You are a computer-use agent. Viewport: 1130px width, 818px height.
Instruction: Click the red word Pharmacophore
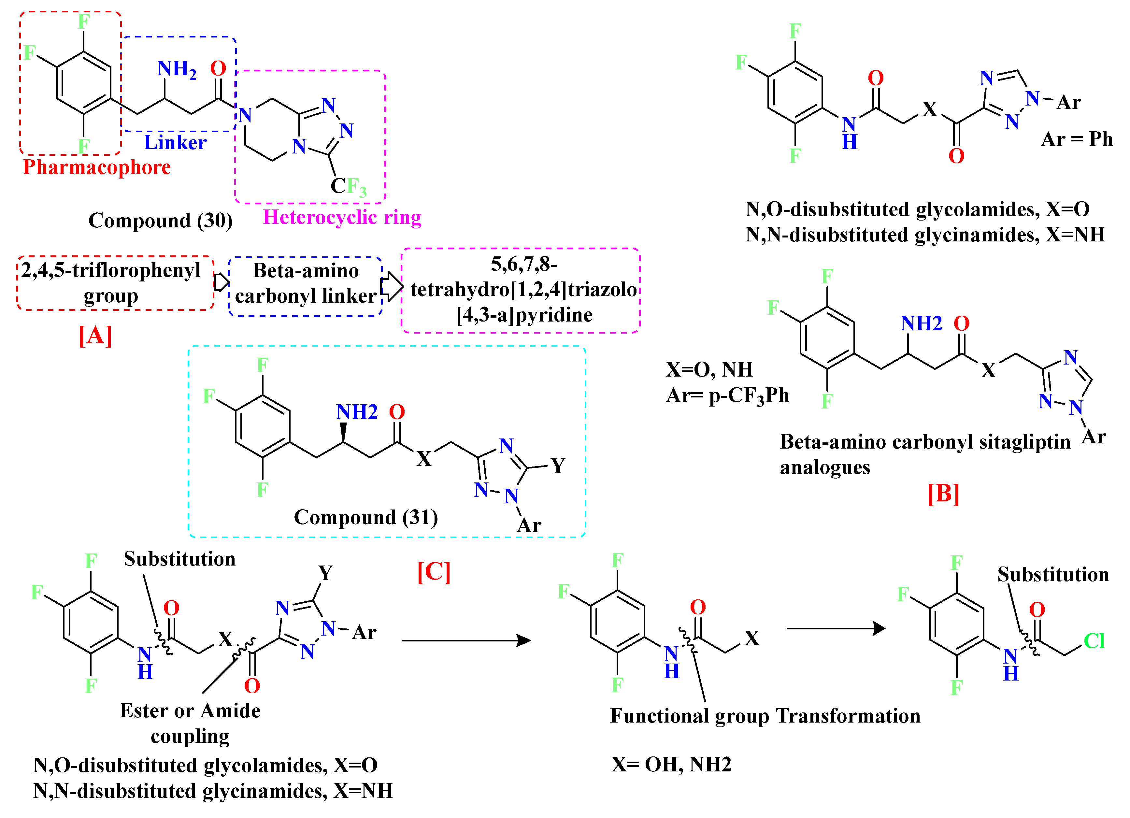(x=97, y=167)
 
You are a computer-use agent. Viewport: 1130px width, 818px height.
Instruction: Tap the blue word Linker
(x=175, y=142)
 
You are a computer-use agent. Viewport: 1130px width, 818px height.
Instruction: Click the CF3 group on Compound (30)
(x=348, y=187)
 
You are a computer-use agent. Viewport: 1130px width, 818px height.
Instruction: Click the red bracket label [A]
(x=95, y=336)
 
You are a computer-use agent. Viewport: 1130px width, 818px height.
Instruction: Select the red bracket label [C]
(x=434, y=572)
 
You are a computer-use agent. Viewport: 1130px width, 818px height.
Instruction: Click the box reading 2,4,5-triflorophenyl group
(x=111, y=283)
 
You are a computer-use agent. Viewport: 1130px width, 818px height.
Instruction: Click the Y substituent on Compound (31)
(x=558, y=466)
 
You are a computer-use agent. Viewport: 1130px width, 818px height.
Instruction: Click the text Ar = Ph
(x=1077, y=139)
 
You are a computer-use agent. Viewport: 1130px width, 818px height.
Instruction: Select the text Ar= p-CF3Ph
(x=727, y=395)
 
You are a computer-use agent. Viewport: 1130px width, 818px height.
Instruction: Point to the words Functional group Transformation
(x=765, y=716)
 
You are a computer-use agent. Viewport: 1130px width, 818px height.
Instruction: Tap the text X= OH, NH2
(x=671, y=764)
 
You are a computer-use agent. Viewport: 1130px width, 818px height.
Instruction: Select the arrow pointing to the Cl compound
(x=835, y=629)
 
